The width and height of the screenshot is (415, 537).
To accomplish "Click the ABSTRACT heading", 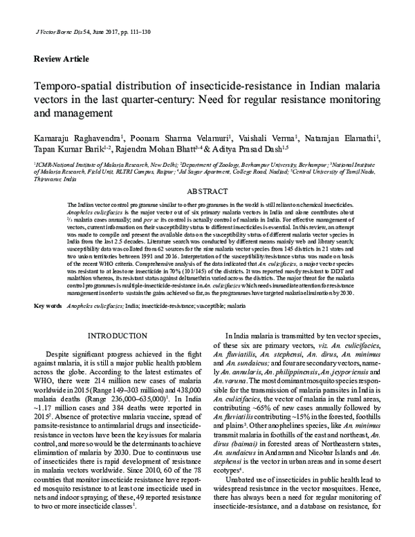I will tap(207, 189).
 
